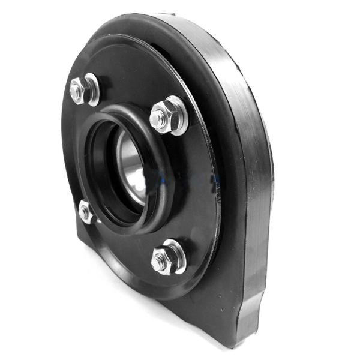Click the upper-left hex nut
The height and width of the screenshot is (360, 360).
[x=78, y=90]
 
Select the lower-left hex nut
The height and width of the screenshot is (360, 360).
[x=85, y=211]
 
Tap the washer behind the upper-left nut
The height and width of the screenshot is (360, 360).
[x=92, y=87]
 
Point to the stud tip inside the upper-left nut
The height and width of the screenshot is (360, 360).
[x=75, y=91]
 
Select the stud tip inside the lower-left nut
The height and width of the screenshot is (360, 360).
[x=83, y=212]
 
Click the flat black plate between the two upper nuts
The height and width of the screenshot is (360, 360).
[x=120, y=84]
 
